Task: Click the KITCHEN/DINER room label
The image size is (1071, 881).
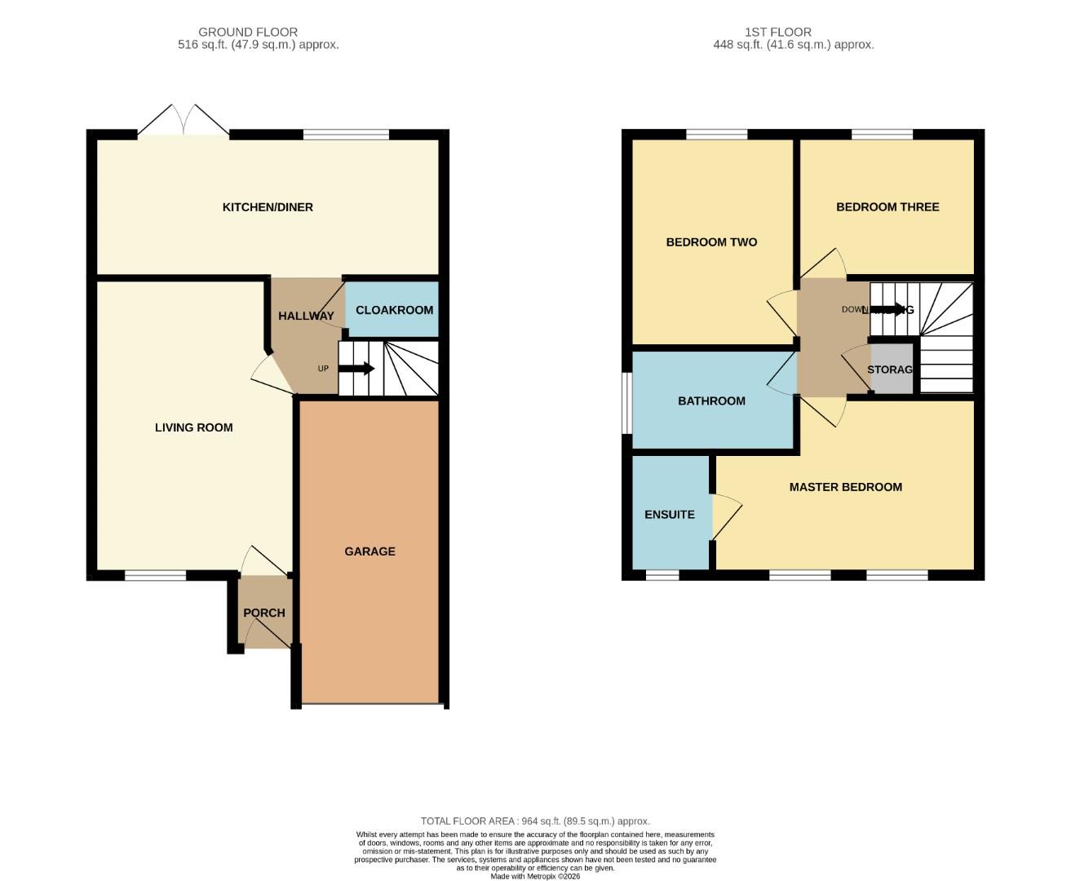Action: pos(268,207)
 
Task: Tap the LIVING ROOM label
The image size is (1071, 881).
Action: pos(193,427)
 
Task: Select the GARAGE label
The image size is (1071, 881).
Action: pos(370,551)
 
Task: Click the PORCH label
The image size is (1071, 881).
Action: pos(264,613)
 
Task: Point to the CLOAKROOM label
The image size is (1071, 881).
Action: pos(394,310)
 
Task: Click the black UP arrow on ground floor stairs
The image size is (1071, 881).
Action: pos(356,369)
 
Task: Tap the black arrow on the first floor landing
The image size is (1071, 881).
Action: pos(889,309)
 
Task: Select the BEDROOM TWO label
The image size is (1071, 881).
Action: pos(711,242)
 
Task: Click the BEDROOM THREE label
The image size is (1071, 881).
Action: pos(887,207)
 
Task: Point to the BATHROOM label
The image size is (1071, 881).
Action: pos(711,401)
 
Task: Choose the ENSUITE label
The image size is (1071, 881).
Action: pos(670,515)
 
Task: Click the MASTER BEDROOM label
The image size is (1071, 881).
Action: pos(845,487)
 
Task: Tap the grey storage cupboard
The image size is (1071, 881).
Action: pos(891,370)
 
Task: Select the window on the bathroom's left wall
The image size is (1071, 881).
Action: pos(626,404)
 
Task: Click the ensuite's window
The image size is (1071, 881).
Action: pos(662,575)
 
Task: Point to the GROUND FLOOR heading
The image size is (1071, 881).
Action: pos(248,33)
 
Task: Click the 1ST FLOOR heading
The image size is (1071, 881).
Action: pos(777,33)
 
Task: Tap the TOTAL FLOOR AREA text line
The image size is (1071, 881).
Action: pos(535,821)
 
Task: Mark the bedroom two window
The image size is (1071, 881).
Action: pos(716,135)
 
